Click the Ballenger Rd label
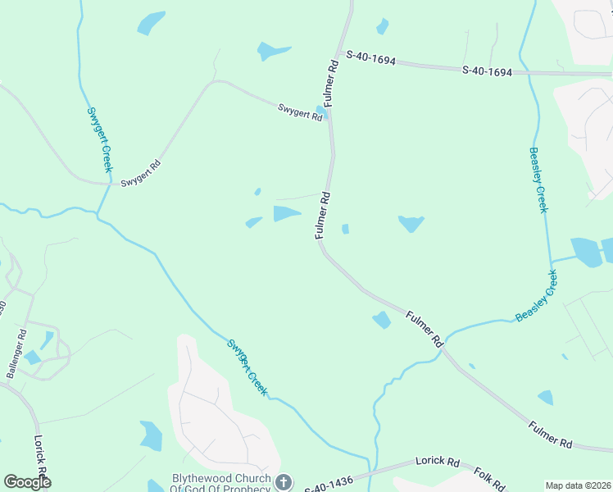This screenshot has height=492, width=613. [x=16, y=353]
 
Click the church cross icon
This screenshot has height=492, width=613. [x=283, y=482]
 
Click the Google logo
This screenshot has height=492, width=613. [x=27, y=482]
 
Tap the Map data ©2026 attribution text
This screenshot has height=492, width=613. [x=579, y=485]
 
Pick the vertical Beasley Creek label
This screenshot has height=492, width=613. [x=538, y=180]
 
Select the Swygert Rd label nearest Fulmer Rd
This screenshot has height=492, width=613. [x=300, y=112]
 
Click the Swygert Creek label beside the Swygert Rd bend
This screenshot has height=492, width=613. [x=99, y=139]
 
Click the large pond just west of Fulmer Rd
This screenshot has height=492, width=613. [x=286, y=213]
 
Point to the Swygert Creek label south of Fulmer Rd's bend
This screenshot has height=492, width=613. [x=247, y=368]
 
